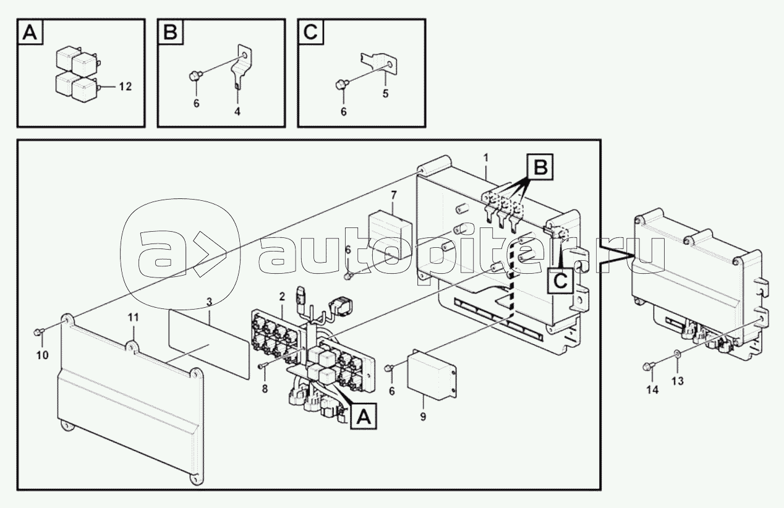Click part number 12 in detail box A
pos(124,87)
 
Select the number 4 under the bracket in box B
pos(237,111)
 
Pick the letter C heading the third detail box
pos(310,33)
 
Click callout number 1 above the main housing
pos(487,158)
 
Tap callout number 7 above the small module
pos(393,195)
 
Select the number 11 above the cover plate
pos(134,317)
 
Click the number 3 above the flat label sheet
pos(209,302)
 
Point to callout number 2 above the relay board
pos(281,297)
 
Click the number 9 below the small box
pos(423,417)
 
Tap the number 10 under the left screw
pos(41,355)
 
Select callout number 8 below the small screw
pos(265,389)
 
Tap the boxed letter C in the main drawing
pos(560,280)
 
